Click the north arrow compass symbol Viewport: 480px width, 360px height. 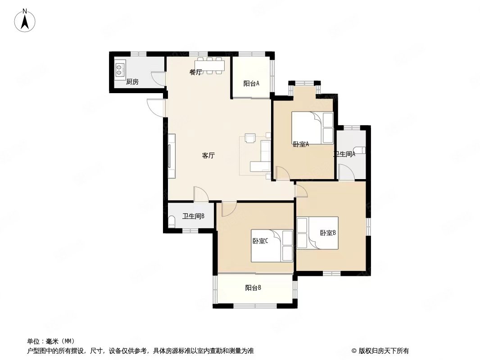coord(25,20)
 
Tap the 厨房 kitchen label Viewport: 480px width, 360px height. coord(132,82)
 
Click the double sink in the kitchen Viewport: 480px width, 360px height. coord(120,69)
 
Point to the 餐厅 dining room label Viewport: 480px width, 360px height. coord(195,72)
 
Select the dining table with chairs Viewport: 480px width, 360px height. coord(210,65)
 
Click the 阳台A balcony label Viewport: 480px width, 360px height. coord(251,83)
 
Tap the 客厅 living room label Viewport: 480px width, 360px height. coord(208,155)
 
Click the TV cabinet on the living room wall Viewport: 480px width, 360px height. coord(172,156)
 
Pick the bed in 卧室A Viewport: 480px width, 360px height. coord(312,128)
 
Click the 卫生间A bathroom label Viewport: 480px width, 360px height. coord(344,154)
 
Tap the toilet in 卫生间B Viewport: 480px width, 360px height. coord(172,221)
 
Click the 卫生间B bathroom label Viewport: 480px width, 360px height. coord(193,216)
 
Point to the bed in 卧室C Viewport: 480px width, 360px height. coord(272,246)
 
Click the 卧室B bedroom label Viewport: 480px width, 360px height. coord(328,233)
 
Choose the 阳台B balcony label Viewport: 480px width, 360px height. coord(253,288)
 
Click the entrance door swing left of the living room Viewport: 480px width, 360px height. coord(156,108)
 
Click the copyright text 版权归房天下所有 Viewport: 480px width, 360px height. coord(380,351)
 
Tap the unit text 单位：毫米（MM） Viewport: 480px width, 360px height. coord(51,341)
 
